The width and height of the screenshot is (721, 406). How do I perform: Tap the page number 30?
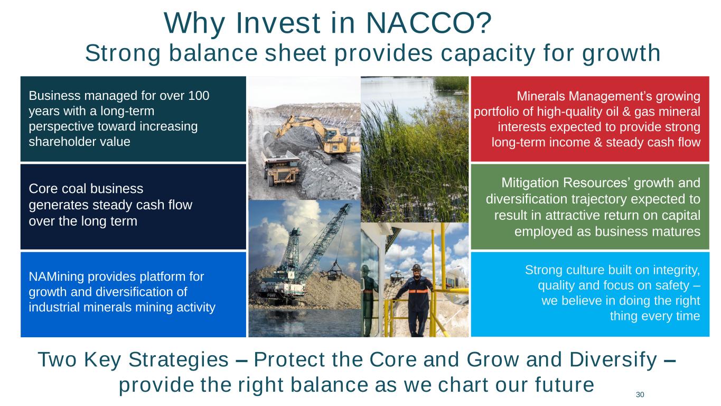[x=640, y=394]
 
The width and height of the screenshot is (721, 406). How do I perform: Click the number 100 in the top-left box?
[x=199, y=96]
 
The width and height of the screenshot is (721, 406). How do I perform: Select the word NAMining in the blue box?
[x=57, y=277]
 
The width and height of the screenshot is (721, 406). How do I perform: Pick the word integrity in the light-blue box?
[x=676, y=270]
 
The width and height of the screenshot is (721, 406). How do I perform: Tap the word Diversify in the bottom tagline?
[x=613, y=360]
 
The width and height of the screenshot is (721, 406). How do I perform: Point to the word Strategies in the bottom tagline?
[x=179, y=359]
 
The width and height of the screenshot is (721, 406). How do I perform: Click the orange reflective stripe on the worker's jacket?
[x=418, y=292]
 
